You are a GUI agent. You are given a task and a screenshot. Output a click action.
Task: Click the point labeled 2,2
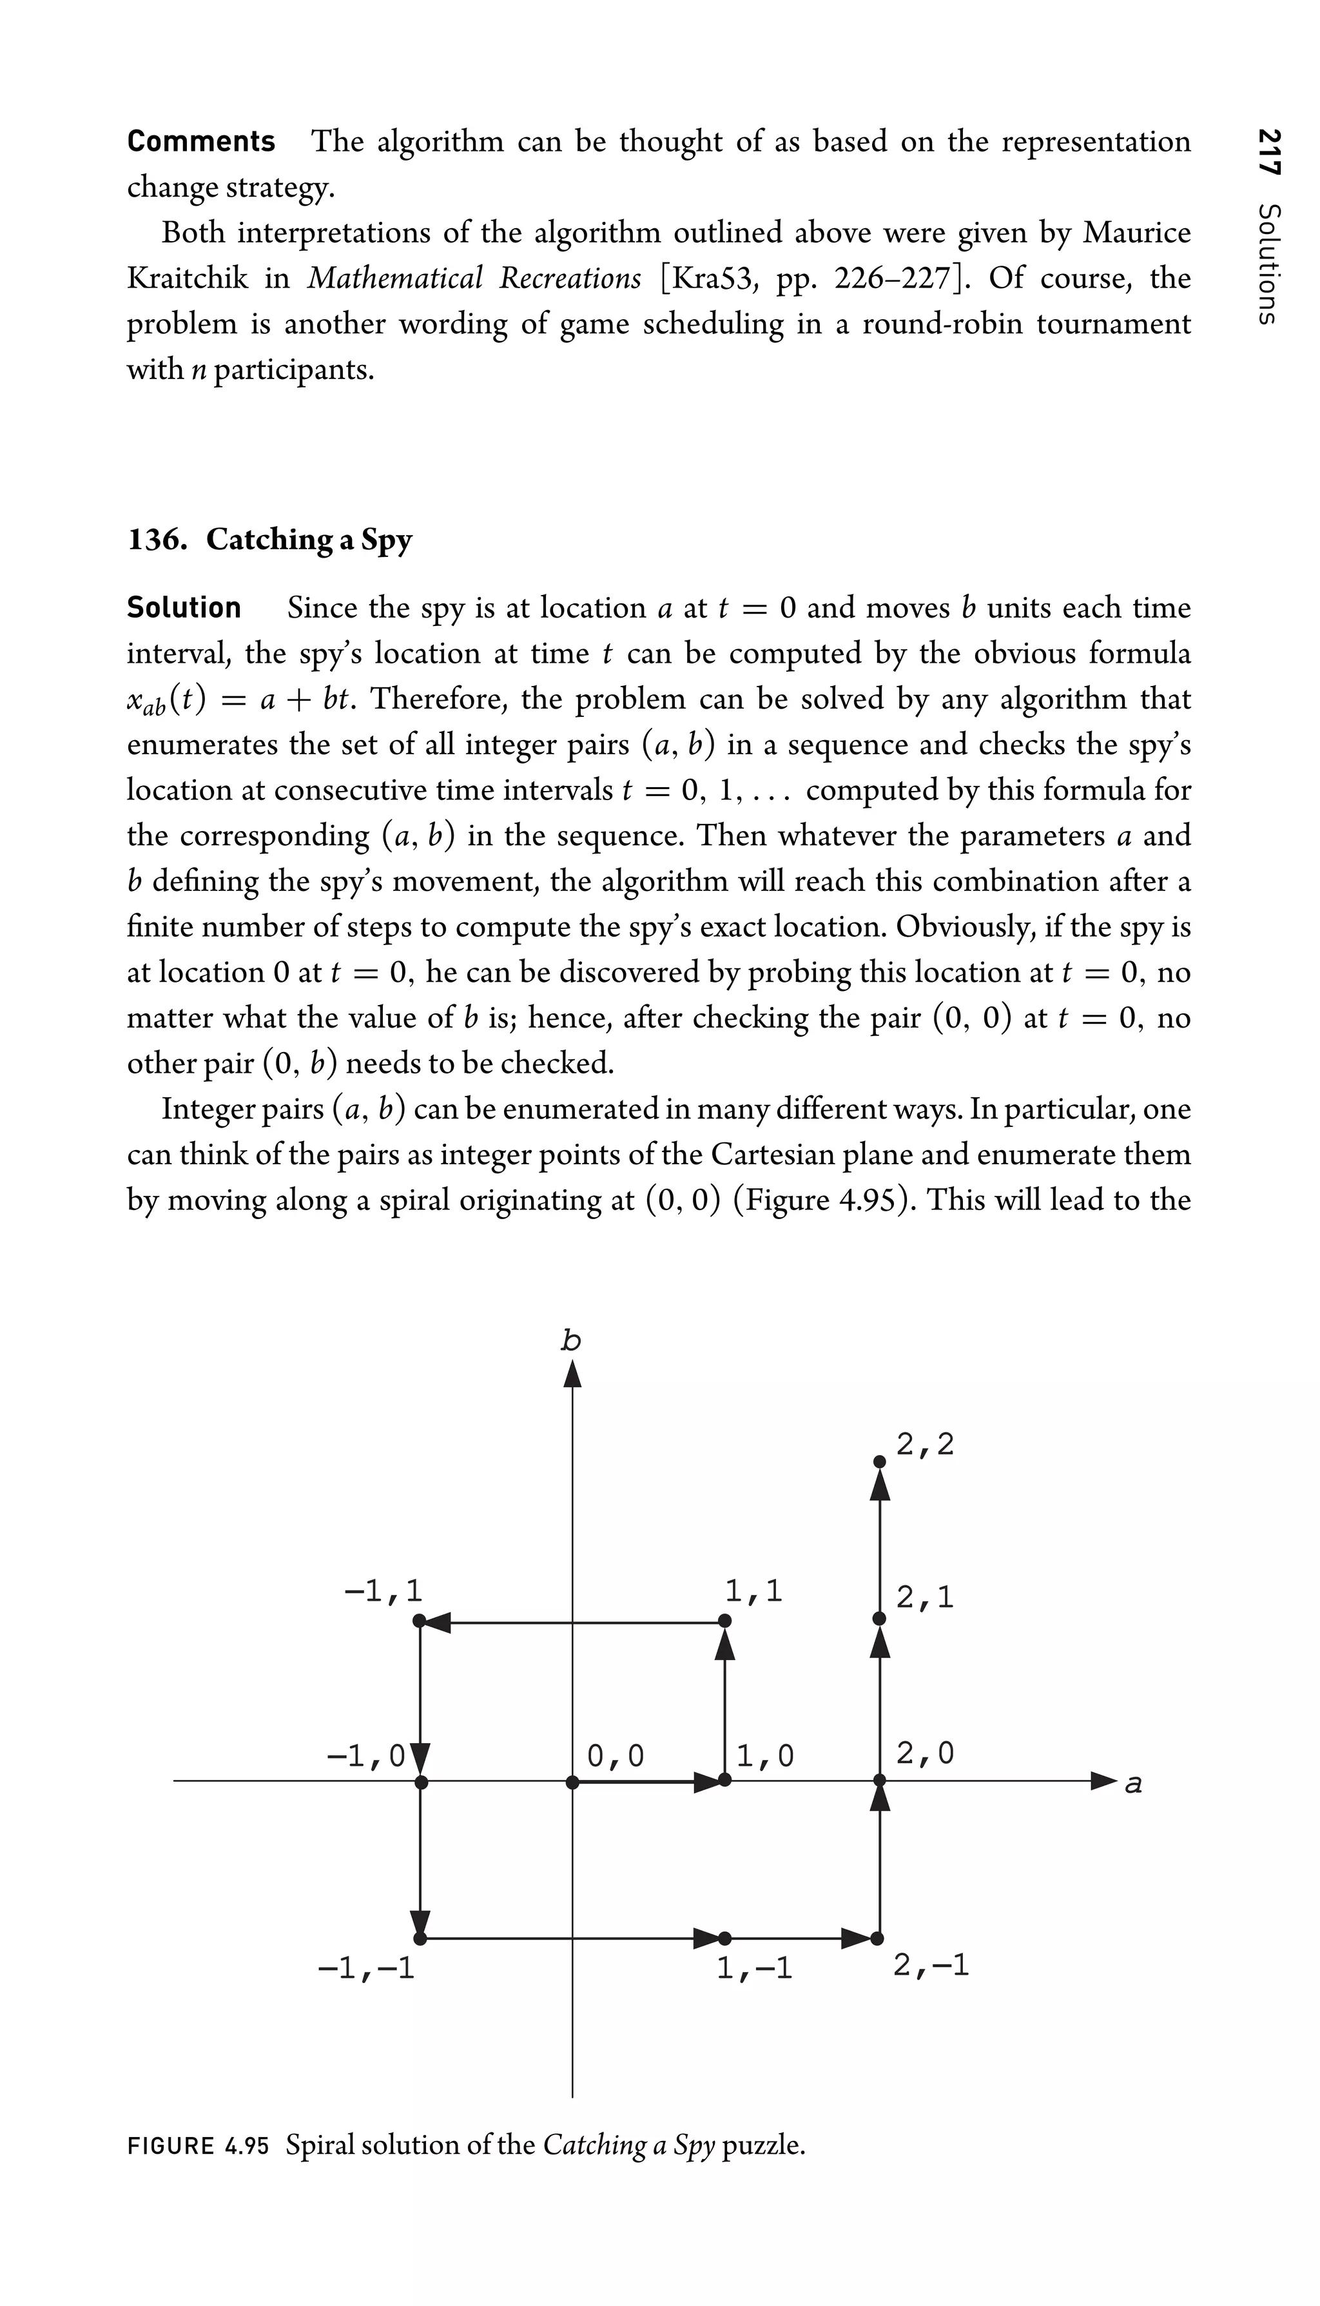click(x=878, y=1461)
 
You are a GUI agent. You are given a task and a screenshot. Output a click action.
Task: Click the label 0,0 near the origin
click(x=615, y=1755)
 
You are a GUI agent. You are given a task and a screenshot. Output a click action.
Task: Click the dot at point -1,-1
click(x=419, y=1939)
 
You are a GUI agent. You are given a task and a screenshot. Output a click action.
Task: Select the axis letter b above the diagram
click(x=570, y=1340)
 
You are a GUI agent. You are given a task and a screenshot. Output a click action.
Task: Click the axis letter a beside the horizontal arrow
click(x=1132, y=1784)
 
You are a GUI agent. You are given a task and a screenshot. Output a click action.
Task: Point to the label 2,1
click(x=925, y=1597)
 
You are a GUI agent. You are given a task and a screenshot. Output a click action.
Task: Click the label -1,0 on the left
click(x=365, y=1755)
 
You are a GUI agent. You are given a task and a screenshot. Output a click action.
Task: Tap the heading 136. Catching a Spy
click(x=269, y=539)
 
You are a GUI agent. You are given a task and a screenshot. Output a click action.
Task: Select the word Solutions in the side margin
click(x=1268, y=263)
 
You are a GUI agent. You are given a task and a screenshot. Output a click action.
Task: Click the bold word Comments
click(x=200, y=141)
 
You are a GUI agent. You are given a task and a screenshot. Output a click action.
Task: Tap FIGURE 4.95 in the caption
click(x=199, y=2145)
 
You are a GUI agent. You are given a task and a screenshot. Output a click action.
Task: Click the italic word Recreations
click(x=569, y=277)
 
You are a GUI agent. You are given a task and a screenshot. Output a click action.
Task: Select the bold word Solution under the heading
click(x=184, y=607)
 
